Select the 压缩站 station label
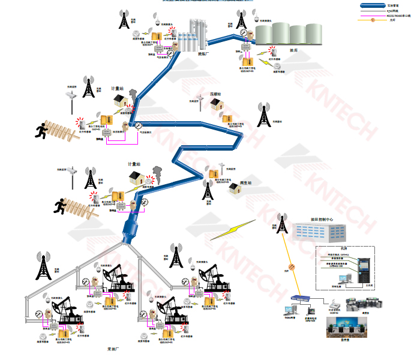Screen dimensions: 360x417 coord(215,94)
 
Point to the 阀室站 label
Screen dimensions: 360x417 coord(245,182)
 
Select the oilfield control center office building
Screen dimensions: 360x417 coord(318,234)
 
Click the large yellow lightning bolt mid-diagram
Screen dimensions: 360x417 coord(232,232)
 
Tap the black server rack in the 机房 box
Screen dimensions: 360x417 coord(364,270)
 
